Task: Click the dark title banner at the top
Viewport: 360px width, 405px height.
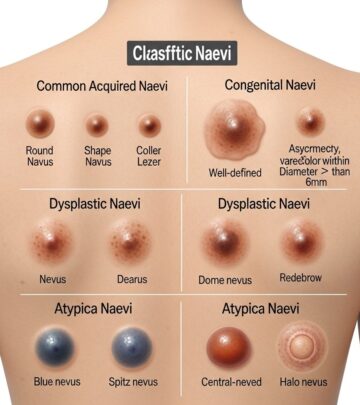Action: click(180, 52)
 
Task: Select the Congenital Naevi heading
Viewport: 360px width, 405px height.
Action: click(267, 84)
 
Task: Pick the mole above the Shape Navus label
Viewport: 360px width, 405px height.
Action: click(97, 125)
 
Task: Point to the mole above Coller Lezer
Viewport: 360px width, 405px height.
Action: click(150, 126)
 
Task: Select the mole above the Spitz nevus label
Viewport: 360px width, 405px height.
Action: click(132, 347)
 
